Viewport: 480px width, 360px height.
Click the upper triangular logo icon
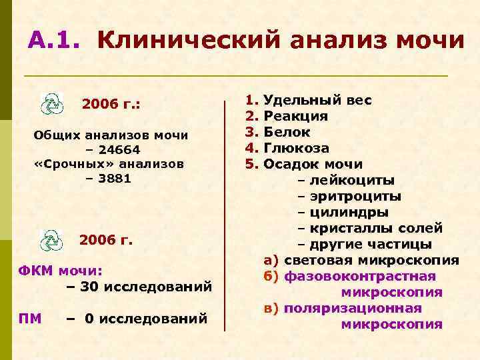pyautogui.click(x=51, y=104)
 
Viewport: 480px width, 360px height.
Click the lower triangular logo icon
pyautogui.click(x=51, y=239)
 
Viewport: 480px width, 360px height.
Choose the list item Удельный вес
pyautogui.click(x=318, y=101)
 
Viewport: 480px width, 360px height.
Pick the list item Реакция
pyautogui.click(x=295, y=116)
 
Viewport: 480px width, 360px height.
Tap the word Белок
pyautogui.click(x=287, y=132)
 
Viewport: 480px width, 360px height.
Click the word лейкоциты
pyautogui.click(x=351, y=180)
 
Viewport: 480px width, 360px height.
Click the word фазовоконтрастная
pyautogui.click(x=360, y=276)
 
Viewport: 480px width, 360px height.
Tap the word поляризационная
pyautogui.click(x=353, y=308)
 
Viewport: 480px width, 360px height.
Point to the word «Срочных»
pyautogui.click(x=64, y=163)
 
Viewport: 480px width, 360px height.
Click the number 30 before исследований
pyautogui.click(x=87, y=287)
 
